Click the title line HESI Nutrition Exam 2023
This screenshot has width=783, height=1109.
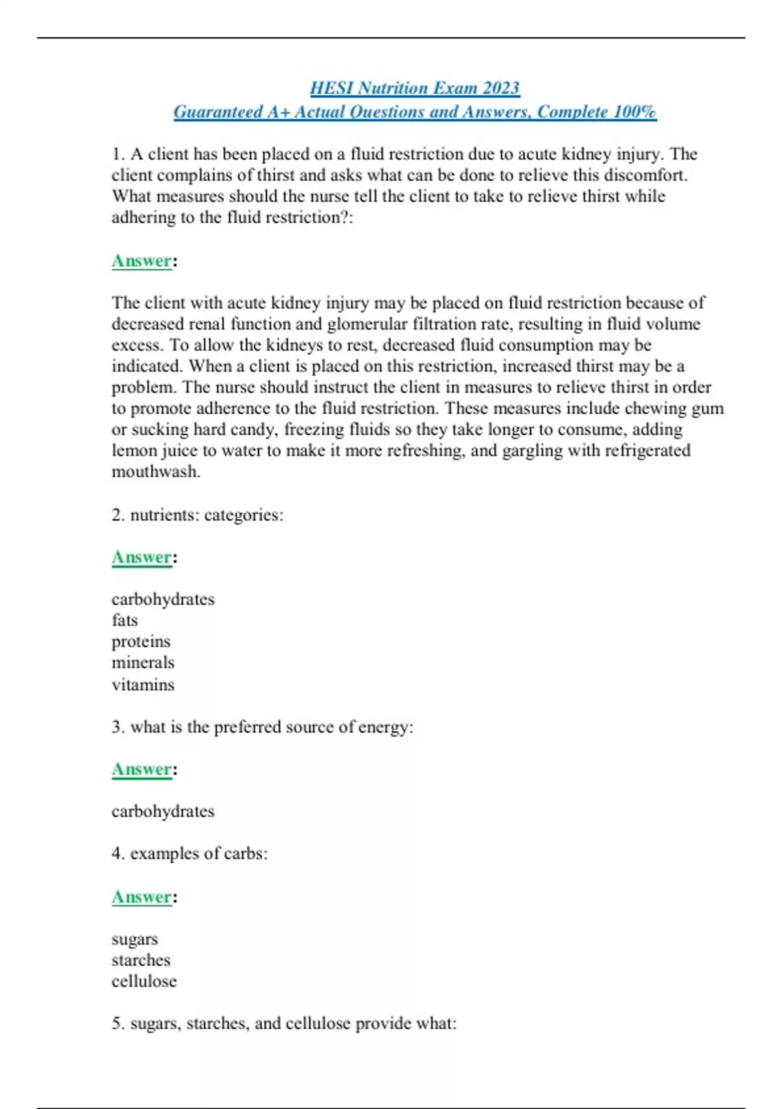coord(414,88)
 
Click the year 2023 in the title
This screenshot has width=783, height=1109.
coord(500,88)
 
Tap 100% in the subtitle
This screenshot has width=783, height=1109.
coord(634,112)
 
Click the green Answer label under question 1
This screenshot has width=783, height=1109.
coord(142,261)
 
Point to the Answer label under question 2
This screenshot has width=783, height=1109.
coord(142,557)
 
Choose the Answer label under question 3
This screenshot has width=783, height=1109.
coord(142,769)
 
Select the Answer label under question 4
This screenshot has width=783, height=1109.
coord(142,897)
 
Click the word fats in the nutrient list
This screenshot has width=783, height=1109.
coord(125,620)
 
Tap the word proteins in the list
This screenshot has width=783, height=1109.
coord(141,642)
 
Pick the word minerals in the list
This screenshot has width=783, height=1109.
coord(143,663)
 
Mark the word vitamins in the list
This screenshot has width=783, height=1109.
coord(143,685)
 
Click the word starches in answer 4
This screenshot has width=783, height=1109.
coord(141,960)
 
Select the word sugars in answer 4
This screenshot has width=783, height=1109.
coord(134,939)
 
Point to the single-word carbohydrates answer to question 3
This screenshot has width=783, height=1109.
coord(163,812)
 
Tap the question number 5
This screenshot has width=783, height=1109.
coord(117,1024)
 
